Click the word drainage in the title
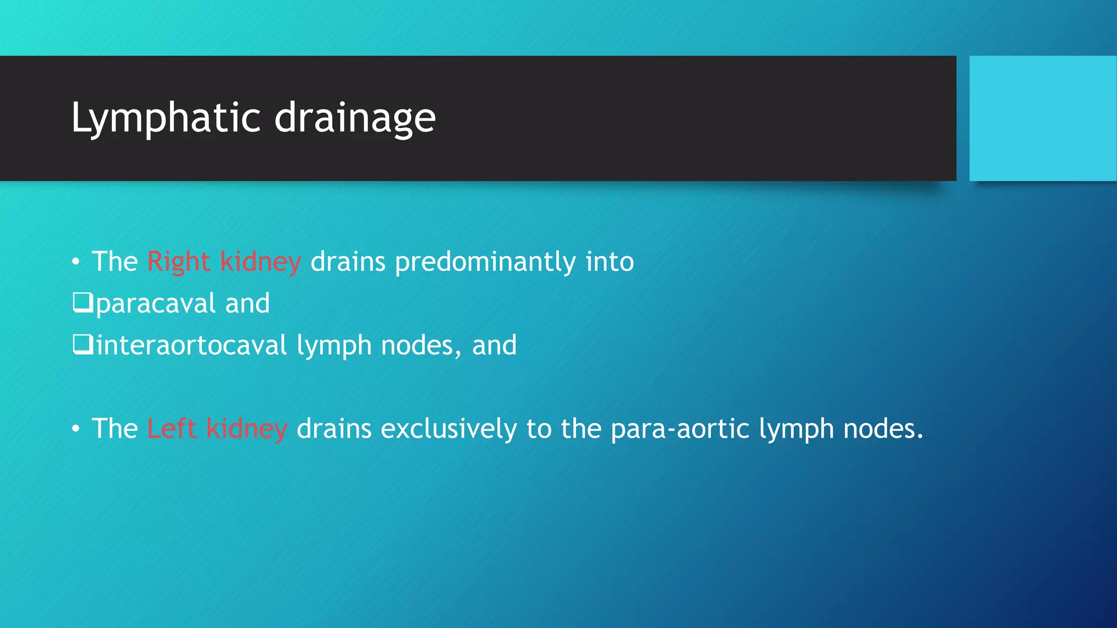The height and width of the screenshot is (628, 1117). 355,118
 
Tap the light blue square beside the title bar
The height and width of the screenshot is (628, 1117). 1042,118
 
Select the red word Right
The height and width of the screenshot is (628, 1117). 178,262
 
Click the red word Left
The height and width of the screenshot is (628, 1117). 171,428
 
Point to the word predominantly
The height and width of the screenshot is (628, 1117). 485,262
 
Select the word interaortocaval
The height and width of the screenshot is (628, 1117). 191,346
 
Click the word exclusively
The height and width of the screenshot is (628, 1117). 448,428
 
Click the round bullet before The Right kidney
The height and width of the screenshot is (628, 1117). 76,262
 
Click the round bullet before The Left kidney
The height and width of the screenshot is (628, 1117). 76,429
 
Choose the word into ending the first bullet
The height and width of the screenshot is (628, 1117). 609,262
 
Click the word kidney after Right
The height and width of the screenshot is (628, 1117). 260,262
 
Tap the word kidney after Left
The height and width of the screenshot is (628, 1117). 247,428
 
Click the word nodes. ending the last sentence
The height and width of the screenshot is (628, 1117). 883,428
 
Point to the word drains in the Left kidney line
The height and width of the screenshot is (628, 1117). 334,428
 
